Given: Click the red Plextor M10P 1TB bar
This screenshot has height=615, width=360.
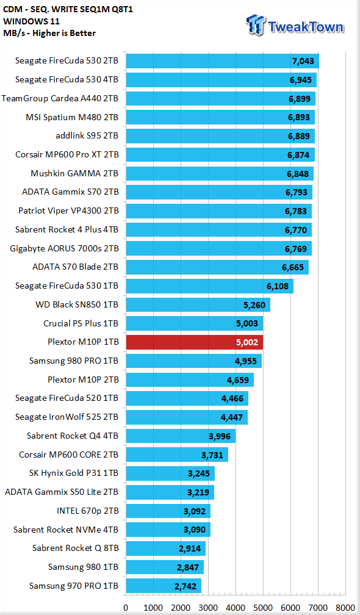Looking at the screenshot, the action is (x=195, y=342).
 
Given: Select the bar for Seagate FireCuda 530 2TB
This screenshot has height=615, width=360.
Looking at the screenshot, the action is (x=222, y=61).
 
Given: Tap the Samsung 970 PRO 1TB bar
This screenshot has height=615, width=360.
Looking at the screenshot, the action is (x=164, y=586).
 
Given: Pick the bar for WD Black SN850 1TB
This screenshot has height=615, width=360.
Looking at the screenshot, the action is (x=198, y=305).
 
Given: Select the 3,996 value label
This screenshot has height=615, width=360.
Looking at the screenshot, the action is (x=220, y=436).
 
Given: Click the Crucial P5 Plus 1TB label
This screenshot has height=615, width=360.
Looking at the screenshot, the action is (x=81, y=323).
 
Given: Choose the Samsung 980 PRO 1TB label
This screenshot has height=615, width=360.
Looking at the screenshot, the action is (x=74, y=361).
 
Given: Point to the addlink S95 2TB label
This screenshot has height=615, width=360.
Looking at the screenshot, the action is (x=87, y=135).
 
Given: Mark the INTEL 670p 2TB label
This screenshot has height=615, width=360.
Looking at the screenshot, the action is (x=88, y=511).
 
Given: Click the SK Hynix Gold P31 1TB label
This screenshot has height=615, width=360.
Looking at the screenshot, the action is (x=74, y=473).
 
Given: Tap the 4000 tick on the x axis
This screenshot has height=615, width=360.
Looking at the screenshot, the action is (x=236, y=608).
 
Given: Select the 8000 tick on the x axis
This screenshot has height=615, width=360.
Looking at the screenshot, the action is (x=345, y=608).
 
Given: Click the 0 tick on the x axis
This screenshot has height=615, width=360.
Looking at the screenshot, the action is (x=126, y=608).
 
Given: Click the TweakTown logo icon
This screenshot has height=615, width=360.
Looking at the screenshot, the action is (x=256, y=25).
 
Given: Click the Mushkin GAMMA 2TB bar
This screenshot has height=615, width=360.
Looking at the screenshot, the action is (x=220, y=173).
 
